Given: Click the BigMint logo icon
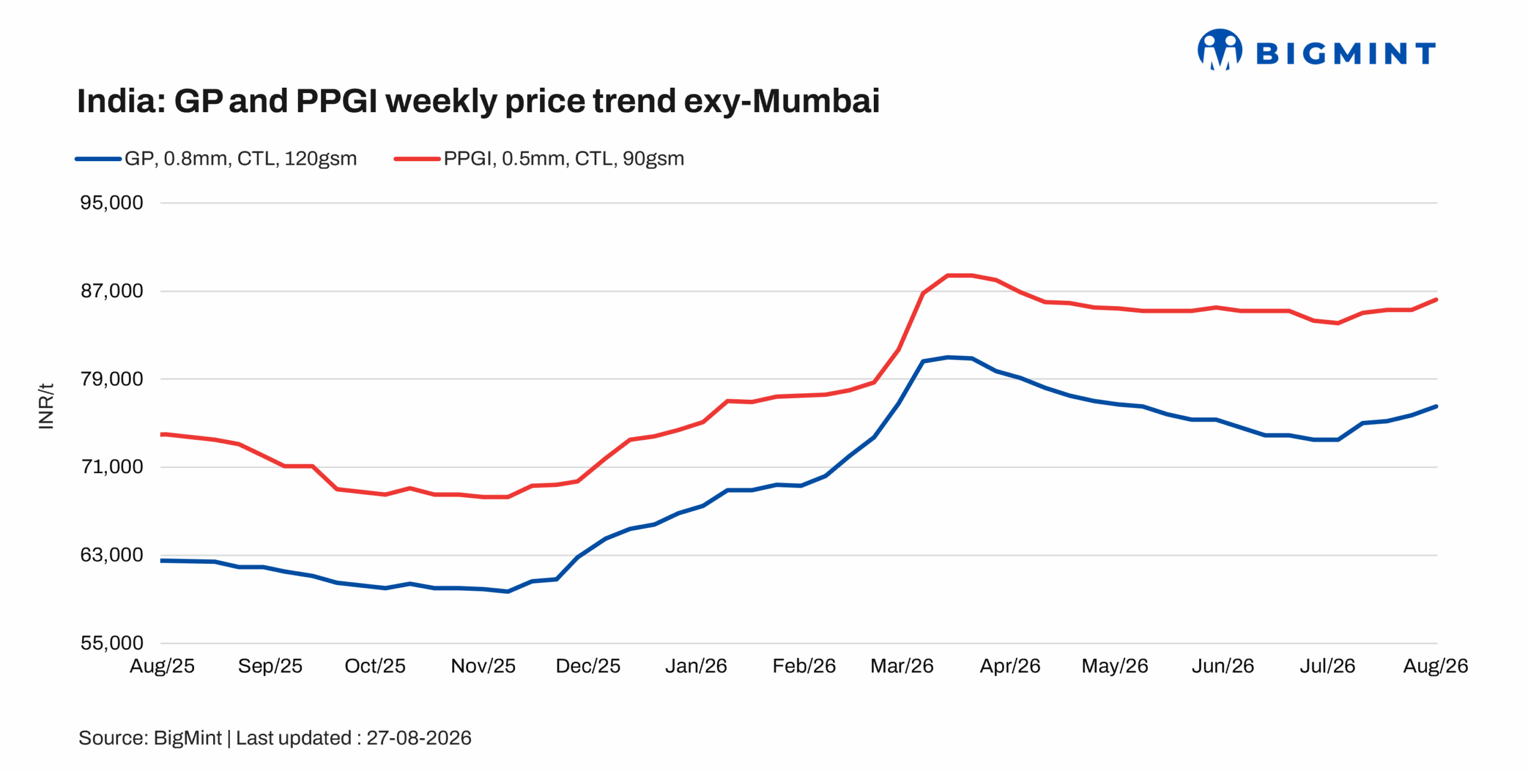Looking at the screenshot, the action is pyautogui.click(x=1219, y=50).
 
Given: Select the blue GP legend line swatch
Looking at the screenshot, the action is pyautogui.click(x=98, y=159).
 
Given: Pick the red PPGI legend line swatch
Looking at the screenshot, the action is pyautogui.click(x=417, y=159).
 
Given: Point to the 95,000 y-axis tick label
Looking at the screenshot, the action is pyautogui.click(x=112, y=203).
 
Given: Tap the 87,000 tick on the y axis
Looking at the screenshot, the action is pyautogui.click(x=112, y=291).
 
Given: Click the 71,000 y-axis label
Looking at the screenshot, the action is pyautogui.click(x=112, y=467).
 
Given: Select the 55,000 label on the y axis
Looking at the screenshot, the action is pyautogui.click(x=112, y=643).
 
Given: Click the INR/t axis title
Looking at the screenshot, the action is pyautogui.click(x=46, y=406).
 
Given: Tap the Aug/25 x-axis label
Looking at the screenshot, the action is pyautogui.click(x=162, y=666).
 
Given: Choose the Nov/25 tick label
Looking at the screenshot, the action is pyautogui.click(x=483, y=666).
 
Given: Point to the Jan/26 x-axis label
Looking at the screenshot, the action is pyautogui.click(x=696, y=666).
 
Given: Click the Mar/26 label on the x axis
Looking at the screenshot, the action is pyautogui.click(x=902, y=666).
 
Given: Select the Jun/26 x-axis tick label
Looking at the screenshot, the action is pyautogui.click(x=1223, y=666).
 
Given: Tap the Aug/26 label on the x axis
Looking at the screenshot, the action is pyautogui.click(x=1435, y=666).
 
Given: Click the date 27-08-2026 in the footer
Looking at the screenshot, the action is pyautogui.click(x=419, y=738).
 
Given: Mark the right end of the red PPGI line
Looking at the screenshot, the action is pyautogui.click(x=1436, y=300).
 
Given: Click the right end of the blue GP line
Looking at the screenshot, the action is pyautogui.click(x=1436, y=406).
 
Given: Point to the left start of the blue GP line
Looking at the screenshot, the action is pyautogui.click(x=161, y=561).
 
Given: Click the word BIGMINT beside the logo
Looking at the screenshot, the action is pyautogui.click(x=1346, y=54).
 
